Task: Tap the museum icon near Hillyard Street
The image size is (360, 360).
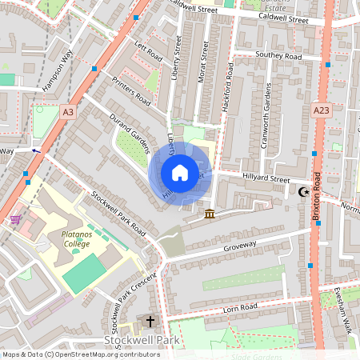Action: pyautogui.click(x=210, y=214)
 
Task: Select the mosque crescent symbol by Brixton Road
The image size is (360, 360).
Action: pyautogui.click(x=303, y=192)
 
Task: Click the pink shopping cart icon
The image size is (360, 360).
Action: pyautogui.click(x=15, y=219)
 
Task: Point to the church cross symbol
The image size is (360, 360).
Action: pyautogui.click(x=150, y=321)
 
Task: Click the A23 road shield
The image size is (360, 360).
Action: pyautogui.click(x=322, y=110)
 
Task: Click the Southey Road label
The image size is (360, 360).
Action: pyautogui.click(x=278, y=56)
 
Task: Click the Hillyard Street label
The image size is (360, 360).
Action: pyautogui.click(x=267, y=179)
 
